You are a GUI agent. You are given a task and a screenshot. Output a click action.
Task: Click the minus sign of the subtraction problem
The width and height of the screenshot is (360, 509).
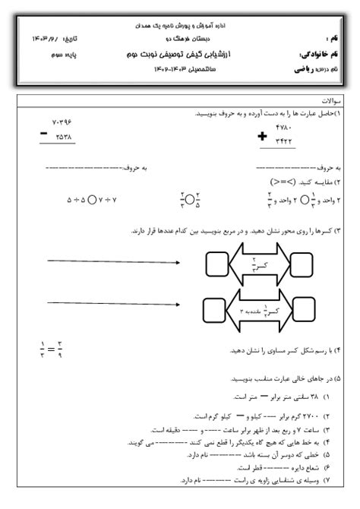pos(45,134)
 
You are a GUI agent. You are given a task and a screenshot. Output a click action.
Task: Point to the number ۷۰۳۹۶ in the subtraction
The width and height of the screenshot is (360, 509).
pos(66,123)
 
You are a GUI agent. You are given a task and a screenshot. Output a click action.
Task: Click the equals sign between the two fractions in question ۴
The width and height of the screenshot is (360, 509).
pos(52,350)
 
